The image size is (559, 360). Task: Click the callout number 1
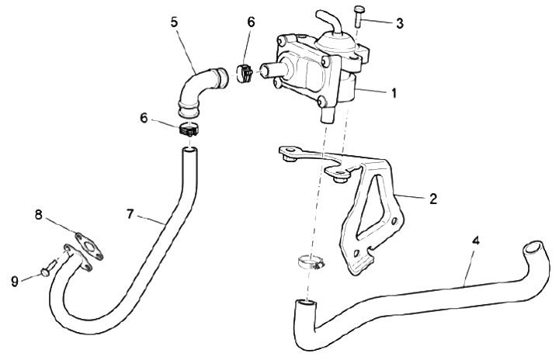[x=394, y=93]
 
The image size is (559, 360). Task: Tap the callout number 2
[x=432, y=198]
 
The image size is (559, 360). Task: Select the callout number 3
[x=399, y=22]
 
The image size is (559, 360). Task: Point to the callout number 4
[x=476, y=241]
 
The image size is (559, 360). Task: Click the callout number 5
[x=175, y=22]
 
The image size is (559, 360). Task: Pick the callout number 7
[x=130, y=212]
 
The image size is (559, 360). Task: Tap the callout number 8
[x=38, y=213]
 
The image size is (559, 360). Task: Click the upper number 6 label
[x=250, y=22]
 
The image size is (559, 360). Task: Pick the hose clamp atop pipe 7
[x=189, y=130]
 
